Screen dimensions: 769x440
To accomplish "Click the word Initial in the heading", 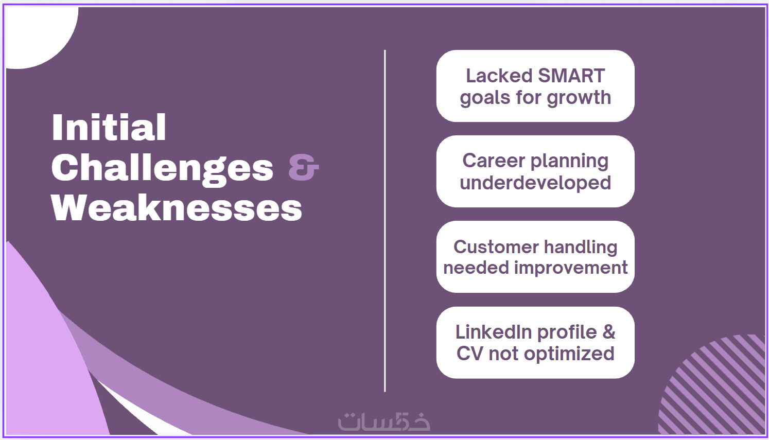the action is pyautogui.click(x=109, y=127).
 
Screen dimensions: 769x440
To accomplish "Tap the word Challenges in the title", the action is pyautogui.click(x=162, y=169).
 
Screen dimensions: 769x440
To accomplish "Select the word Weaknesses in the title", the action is pyautogui.click(x=177, y=208).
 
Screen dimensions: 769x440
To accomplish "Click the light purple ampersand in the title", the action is pyautogui.click(x=304, y=167).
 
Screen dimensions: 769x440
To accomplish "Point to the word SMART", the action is pyautogui.click(x=571, y=76).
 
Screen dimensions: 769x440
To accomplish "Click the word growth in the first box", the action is pyautogui.click(x=579, y=98).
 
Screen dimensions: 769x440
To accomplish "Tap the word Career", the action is pyautogui.click(x=492, y=161).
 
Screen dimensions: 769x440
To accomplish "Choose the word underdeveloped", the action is pyautogui.click(x=535, y=183).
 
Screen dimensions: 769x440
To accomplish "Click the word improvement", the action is pyautogui.click(x=571, y=268).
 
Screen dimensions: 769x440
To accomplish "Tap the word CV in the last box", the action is pyautogui.click(x=469, y=354).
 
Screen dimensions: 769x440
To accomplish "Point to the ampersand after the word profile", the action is pyautogui.click(x=609, y=332).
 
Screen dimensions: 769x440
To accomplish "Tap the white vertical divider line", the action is pyautogui.click(x=385, y=221).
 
